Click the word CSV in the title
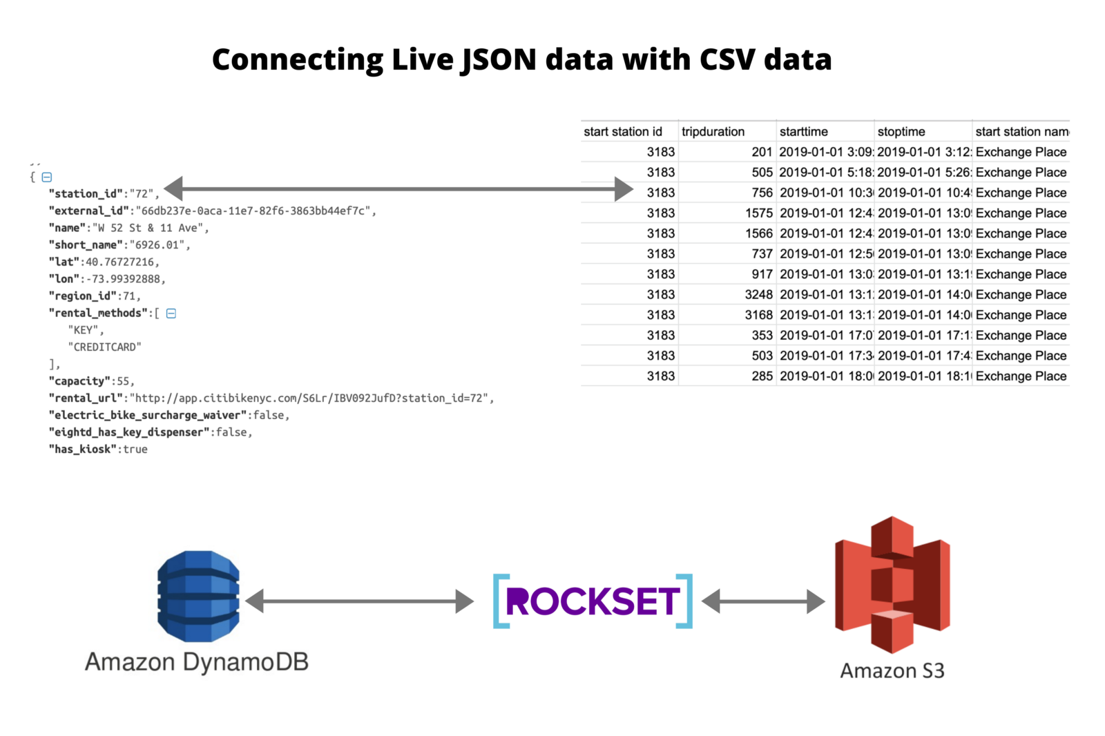tap(727, 59)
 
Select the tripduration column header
tap(713, 131)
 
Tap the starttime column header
tap(803, 131)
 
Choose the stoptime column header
tap(901, 131)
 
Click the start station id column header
tap(622, 131)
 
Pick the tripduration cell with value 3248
tap(758, 295)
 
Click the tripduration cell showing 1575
tap(758, 213)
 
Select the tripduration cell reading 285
tap(762, 376)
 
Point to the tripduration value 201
tap(762, 152)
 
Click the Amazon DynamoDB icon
tap(198, 596)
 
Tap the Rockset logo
tap(593, 601)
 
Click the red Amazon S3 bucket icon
tap(892, 584)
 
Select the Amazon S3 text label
tap(892, 670)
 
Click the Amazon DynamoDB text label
tap(196, 662)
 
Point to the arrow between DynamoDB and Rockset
tap(359, 601)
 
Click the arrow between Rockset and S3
tap(763, 601)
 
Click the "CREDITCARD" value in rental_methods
tap(104, 347)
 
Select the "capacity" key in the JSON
tap(79, 381)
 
